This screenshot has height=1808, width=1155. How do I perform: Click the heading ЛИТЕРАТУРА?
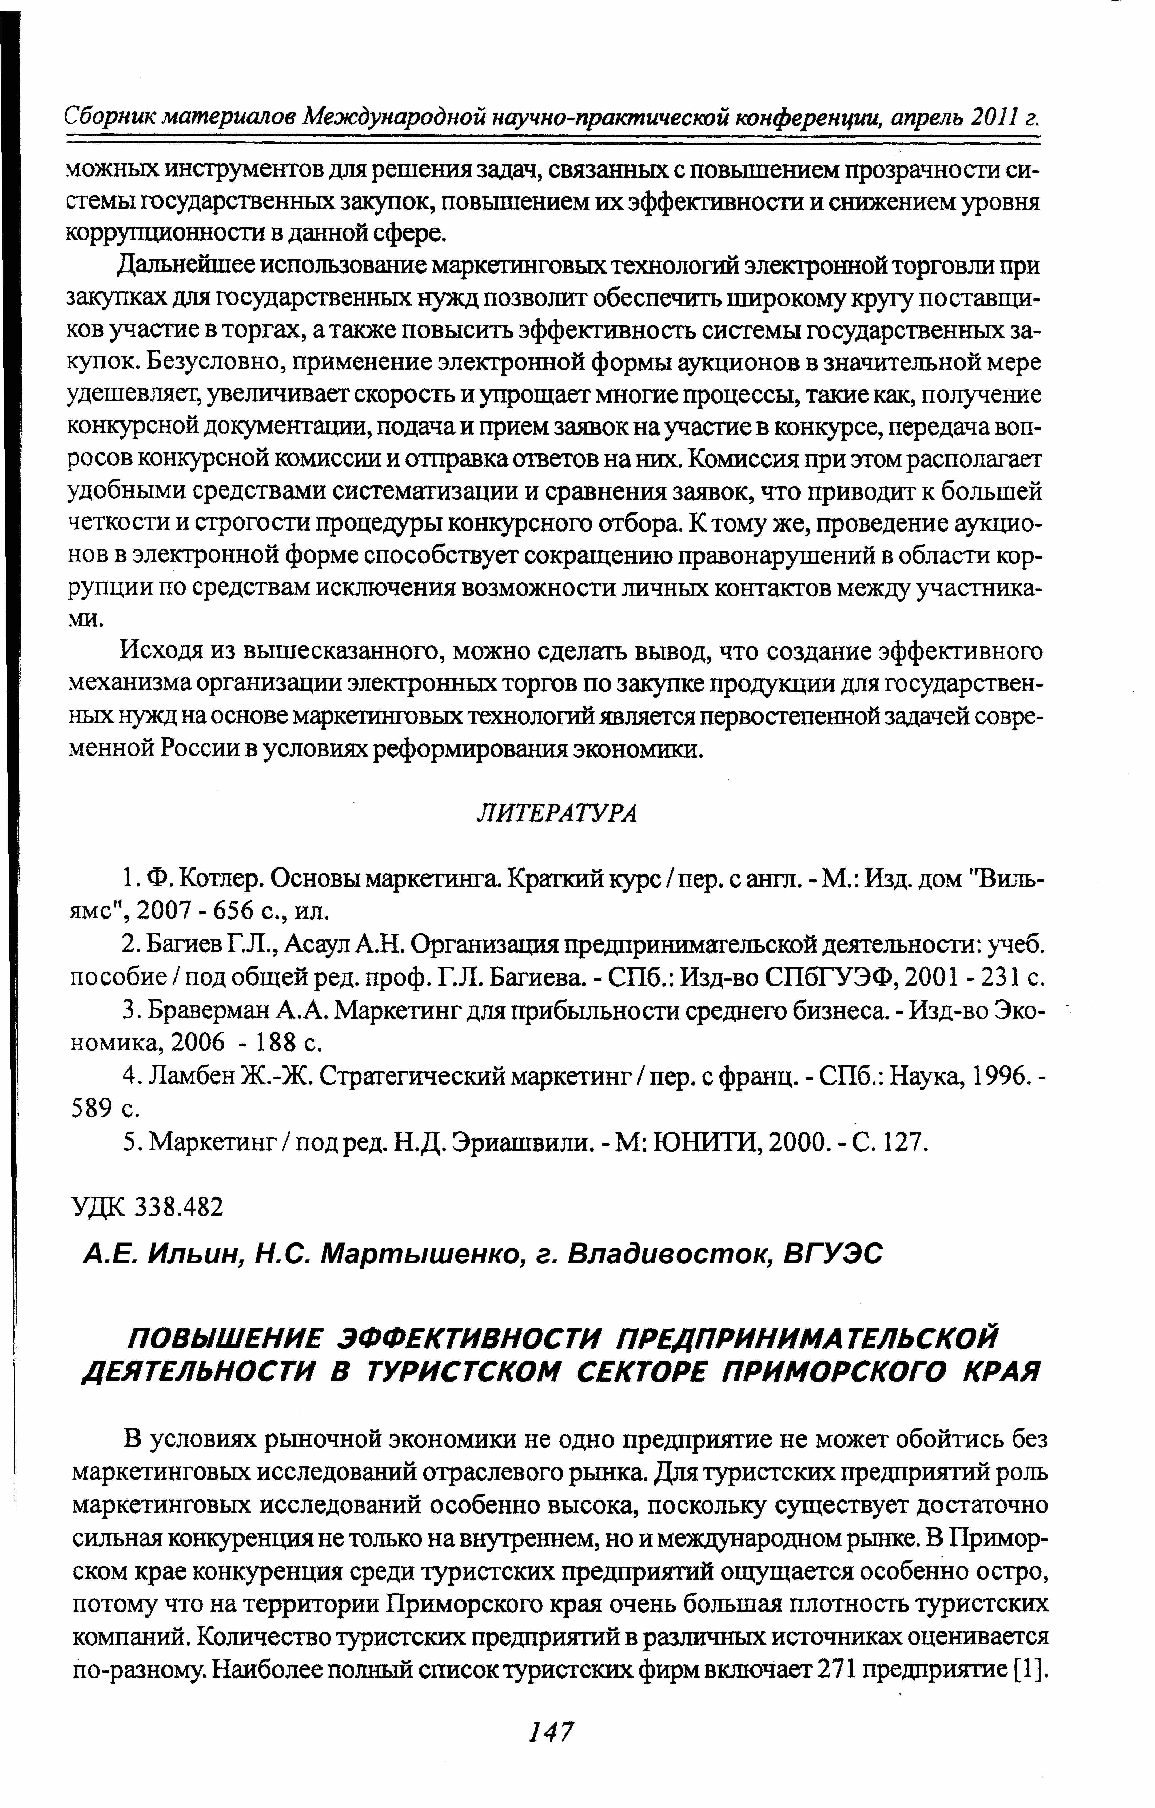(x=556, y=813)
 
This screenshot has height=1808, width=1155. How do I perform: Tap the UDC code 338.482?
(x=179, y=1206)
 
